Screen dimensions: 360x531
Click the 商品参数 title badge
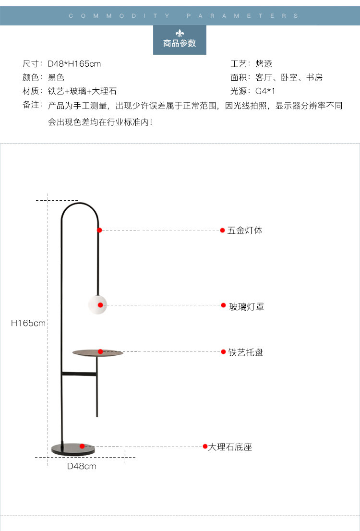click(180, 40)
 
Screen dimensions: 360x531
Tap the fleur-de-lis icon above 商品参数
click(180, 33)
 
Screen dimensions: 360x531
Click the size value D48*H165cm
click(74, 64)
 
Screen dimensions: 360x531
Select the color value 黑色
click(56, 78)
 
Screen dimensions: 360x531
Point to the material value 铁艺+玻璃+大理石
click(82, 91)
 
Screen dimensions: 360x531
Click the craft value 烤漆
click(264, 64)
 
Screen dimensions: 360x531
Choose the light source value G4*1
click(265, 91)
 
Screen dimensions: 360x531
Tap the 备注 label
click(31, 105)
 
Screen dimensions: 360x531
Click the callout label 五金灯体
click(245, 230)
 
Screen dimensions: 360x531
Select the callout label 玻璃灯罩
click(247, 307)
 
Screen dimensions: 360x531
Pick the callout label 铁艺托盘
click(246, 352)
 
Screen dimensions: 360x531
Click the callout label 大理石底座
click(230, 447)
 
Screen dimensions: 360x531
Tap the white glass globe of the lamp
click(97, 305)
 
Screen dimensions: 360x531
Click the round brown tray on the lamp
click(98, 353)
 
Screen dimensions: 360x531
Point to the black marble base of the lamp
click(73, 449)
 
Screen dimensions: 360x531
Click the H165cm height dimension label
click(28, 323)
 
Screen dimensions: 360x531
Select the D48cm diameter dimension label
click(82, 466)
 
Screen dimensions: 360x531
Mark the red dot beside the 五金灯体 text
click(223, 230)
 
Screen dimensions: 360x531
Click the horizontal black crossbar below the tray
click(79, 374)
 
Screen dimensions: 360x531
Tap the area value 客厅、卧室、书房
click(289, 78)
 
